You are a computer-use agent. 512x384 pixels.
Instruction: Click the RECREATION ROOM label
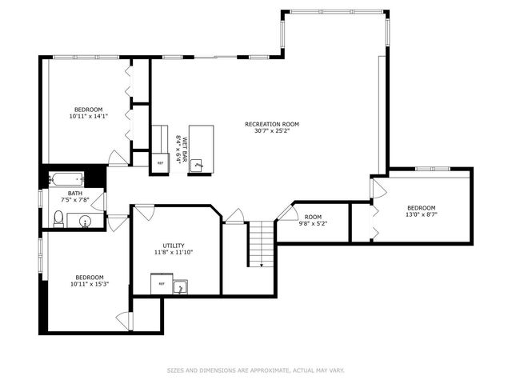pyautogui.click(x=272, y=124)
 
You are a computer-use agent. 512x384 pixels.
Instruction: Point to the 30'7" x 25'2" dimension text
pyautogui.click(x=272, y=132)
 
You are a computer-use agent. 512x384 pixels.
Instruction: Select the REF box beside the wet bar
pyautogui.click(x=160, y=162)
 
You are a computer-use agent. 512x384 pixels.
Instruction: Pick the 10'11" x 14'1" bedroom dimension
pyautogui.click(x=88, y=117)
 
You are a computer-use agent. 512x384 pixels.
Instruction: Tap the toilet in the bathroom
pyautogui.click(x=58, y=218)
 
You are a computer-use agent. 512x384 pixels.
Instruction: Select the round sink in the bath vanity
pyautogui.click(x=85, y=220)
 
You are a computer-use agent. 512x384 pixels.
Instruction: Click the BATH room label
pyautogui.click(x=74, y=193)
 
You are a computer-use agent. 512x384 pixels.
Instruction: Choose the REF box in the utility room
pyautogui.click(x=161, y=284)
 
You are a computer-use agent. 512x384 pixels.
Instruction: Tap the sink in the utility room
pyautogui.click(x=181, y=285)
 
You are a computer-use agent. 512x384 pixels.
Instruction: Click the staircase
pyautogui.click(x=261, y=244)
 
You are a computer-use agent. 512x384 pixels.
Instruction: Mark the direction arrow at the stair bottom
pyautogui.click(x=261, y=264)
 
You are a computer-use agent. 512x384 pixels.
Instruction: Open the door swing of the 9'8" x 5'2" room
pyautogui.click(x=286, y=214)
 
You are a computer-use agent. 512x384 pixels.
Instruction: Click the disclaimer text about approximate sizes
pyautogui.click(x=255, y=370)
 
